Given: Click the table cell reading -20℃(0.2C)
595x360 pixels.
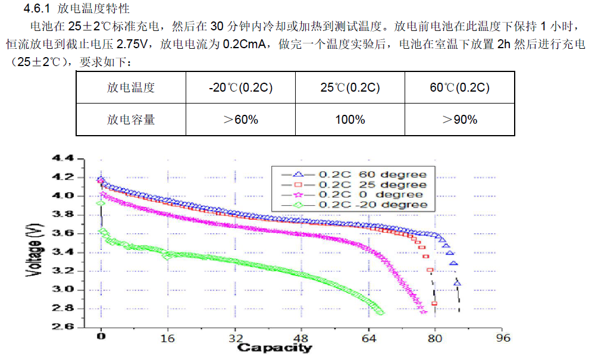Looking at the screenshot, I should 240,87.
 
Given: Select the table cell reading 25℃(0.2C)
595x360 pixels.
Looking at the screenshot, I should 350,87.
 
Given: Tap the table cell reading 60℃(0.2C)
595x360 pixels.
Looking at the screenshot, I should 459,87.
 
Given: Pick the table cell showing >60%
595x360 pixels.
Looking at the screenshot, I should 240,120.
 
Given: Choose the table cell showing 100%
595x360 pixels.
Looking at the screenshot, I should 350,120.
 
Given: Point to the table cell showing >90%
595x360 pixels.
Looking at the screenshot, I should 459,120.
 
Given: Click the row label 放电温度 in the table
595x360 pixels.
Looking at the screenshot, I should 131,87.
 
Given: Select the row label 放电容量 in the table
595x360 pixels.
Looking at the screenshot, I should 131,120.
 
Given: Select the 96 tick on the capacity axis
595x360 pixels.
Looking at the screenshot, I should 503,339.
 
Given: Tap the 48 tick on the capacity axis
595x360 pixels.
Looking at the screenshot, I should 302,339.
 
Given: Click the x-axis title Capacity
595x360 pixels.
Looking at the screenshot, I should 274,348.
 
